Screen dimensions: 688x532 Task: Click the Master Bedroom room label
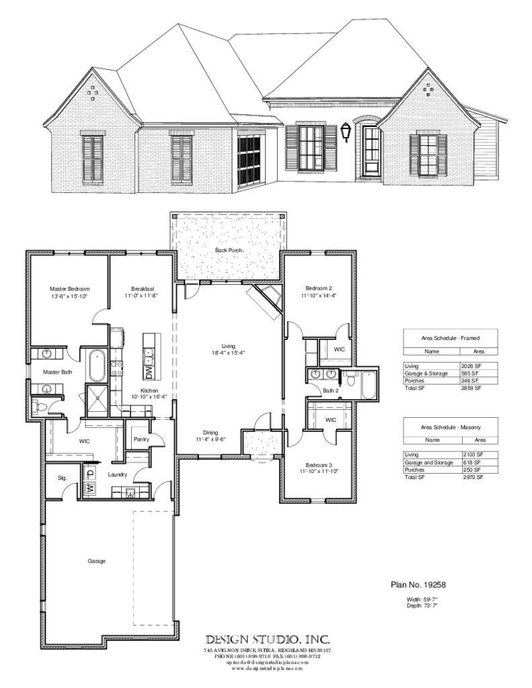pos(69,288)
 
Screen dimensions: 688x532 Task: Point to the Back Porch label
pos(229,250)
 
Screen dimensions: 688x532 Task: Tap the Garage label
pos(96,560)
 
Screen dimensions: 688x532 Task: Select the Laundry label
pos(118,474)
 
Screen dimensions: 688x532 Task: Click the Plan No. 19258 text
pos(418,585)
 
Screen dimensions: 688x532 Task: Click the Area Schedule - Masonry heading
pos(450,427)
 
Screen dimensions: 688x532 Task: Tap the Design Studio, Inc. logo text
pos(267,639)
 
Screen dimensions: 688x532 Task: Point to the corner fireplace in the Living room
pos(266,301)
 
